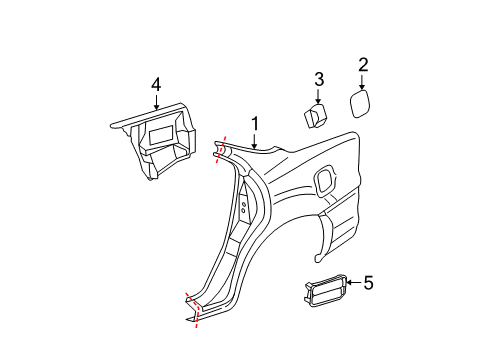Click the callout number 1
coord(255,124)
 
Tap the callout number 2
coord(363,65)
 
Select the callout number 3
coord(319,80)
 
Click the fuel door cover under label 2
coord(361,105)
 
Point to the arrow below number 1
coord(255,141)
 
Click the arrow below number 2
coord(363,83)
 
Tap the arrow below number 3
coord(319,97)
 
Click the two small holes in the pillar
coord(243,211)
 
